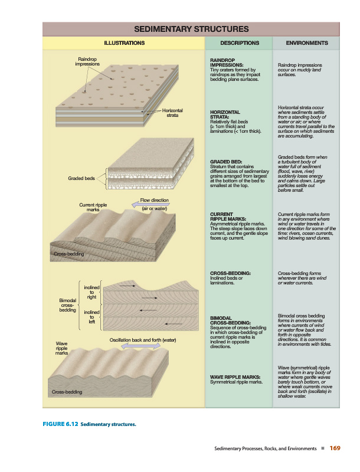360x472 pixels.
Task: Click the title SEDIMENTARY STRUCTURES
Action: [191, 29]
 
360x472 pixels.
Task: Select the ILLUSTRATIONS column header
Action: [125, 43]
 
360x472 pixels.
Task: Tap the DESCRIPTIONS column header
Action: [240, 43]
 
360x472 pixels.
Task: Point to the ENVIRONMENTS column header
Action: [307, 43]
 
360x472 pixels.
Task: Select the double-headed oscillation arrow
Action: [141, 346]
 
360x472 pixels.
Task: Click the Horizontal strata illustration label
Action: [172, 113]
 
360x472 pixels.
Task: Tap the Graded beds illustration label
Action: [81, 178]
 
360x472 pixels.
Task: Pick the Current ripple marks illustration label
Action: [93, 207]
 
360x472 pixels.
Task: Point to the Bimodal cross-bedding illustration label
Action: [68, 305]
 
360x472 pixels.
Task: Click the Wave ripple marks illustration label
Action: [62, 348]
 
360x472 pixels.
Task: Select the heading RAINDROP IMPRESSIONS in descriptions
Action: [227, 63]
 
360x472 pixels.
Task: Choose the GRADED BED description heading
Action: [226, 162]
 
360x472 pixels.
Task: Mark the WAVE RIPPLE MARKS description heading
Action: [235, 377]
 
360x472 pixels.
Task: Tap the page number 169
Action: [335, 448]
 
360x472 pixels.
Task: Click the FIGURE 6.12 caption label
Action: [61, 424]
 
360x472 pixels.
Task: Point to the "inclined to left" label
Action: [92, 317]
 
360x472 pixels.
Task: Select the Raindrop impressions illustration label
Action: [87, 61]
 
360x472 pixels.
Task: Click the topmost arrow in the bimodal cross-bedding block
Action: [127, 286]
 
